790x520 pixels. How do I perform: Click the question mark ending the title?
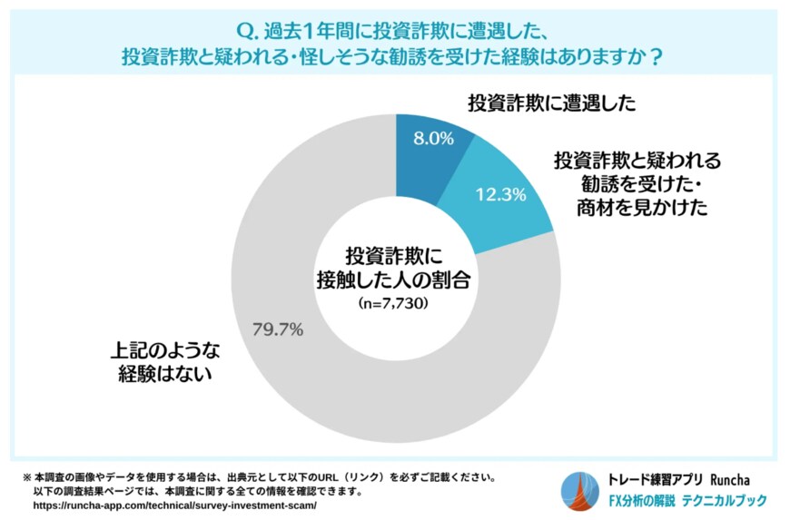point(656,56)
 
